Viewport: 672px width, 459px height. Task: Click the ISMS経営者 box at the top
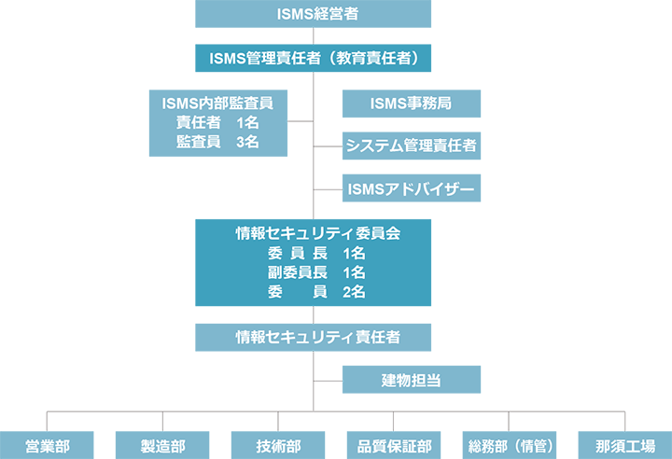[x=314, y=13]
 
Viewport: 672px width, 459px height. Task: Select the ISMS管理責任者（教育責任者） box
[x=314, y=59]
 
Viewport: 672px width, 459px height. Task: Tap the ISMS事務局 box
[x=412, y=103]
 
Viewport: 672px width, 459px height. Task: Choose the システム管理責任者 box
[x=412, y=146]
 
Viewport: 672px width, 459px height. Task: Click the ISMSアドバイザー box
[x=412, y=189]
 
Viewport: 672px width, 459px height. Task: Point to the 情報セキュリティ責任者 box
[x=314, y=336]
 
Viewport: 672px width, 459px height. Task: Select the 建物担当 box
[x=412, y=380]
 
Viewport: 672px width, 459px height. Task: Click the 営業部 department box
[x=48, y=445]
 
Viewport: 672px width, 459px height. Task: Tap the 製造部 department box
[x=162, y=445]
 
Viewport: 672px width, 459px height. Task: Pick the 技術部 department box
[x=278, y=445]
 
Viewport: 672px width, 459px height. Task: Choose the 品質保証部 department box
[x=393, y=445]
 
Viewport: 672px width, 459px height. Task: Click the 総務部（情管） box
[x=509, y=445]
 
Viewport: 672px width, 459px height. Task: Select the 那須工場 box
[x=624, y=445]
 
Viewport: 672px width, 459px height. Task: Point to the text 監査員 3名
[x=217, y=142]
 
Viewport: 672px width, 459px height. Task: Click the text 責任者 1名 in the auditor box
[x=217, y=122]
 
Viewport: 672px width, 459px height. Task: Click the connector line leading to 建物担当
[x=329, y=380]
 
